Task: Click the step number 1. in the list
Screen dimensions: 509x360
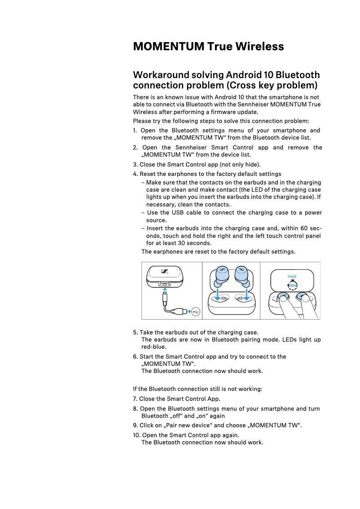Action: click(x=135, y=131)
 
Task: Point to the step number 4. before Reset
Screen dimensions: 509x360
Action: click(x=136, y=174)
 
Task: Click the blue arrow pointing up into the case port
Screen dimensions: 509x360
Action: click(x=165, y=290)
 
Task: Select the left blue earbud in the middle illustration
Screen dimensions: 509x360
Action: click(x=222, y=276)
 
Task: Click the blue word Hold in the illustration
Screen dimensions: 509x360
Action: click(x=292, y=276)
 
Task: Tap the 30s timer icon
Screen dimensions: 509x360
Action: click(x=292, y=285)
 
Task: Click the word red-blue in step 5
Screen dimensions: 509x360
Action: click(x=154, y=347)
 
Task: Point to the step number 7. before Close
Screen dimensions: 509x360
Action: click(x=136, y=399)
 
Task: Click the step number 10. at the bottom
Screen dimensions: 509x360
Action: click(x=137, y=435)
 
